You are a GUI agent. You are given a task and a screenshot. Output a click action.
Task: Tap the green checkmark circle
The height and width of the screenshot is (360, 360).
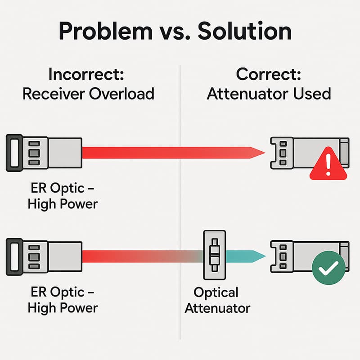click(x=328, y=268)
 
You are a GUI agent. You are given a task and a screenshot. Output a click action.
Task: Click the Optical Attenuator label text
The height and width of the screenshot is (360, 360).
click(x=216, y=300)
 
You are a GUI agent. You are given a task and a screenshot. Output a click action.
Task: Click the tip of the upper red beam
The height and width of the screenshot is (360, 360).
click(x=262, y=152)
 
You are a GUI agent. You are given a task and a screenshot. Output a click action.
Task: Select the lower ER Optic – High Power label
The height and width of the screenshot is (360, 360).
click(x=63, y=300)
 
